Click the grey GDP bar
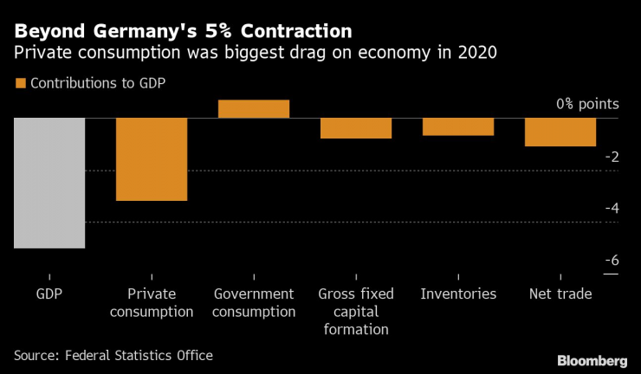pyautogui.click(x=49, y=183)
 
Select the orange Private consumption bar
pyautogui.click(x=152, y=159)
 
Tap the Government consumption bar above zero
pyautogui.click(x=254, y=108)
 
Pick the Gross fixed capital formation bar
pyautogui.click(x=356, y=128)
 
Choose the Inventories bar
pyautogui.click(x=458, y=126)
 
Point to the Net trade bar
pyautogui.click(x=560, y=132)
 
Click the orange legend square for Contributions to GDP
pyautogui.click(x=20, y=84)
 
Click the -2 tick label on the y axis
pyautogui.click(x=612, y=157)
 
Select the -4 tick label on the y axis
pyautogui.click(x=612, y=208)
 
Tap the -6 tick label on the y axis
pyautogui.click(x=612, y=260)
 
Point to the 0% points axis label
pyautogui.click(x=588, y=104)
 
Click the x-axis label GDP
pyautogui.click(x=49, y=294)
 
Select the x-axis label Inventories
pyautogui.click(x=458, y=294)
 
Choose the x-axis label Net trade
pyautogui.click(x=560, y=294)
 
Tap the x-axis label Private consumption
pyautogui.click(x=152, y=303)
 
